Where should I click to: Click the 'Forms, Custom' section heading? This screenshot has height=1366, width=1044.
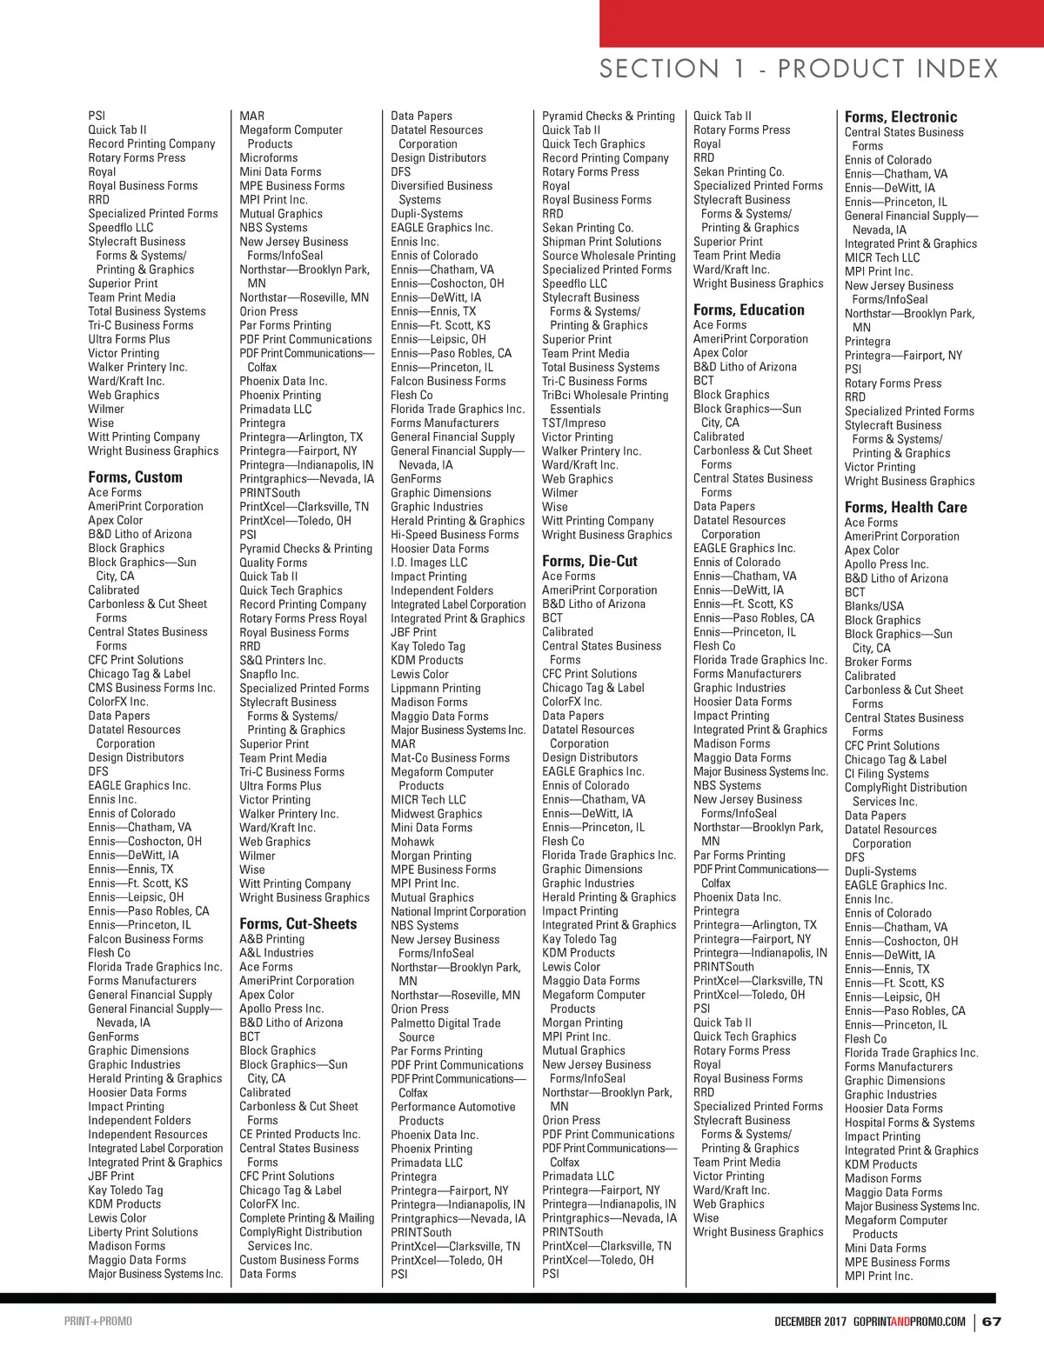tap(135, 476)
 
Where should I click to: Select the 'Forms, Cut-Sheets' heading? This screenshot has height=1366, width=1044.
tap(298, 923)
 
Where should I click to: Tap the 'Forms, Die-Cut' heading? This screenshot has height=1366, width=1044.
tap(590, 561)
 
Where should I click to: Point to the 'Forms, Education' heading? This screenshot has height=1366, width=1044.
tap(748, 310)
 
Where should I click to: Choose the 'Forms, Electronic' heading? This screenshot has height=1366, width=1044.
tap(900, 117)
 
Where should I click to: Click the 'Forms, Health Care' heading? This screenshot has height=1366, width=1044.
tap(905, 507)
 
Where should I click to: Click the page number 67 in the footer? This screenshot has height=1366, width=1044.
tap(992, 1322)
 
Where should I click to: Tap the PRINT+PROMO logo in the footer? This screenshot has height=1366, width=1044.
tap(97, 1322)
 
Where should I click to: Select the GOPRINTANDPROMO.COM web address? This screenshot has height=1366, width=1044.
tap(909, 1322)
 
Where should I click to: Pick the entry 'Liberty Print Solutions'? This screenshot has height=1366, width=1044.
tap(143, 1232)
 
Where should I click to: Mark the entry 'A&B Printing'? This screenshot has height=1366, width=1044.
tap(271, 939)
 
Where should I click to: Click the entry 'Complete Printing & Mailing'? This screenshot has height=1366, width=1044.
tap(306, 1218)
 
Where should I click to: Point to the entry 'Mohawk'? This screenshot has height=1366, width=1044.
tap(412, 842)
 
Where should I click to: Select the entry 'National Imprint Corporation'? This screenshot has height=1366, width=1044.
tap(458, 911)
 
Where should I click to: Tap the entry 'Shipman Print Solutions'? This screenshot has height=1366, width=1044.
tap(601, 242)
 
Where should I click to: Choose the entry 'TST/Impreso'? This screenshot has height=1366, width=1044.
tap(573, 423)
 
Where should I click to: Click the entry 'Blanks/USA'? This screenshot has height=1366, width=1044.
tap(873, 606)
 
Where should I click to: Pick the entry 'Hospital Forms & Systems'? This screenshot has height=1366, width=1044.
tap(909, 1123)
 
